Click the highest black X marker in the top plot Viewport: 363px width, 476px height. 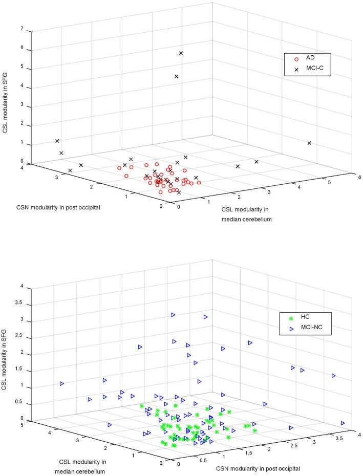181,53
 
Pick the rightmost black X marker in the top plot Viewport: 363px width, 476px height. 309,143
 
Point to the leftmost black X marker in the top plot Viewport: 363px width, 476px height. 57,141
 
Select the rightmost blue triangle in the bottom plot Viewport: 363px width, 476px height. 343,423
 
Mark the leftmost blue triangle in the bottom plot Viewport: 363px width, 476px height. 62,383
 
